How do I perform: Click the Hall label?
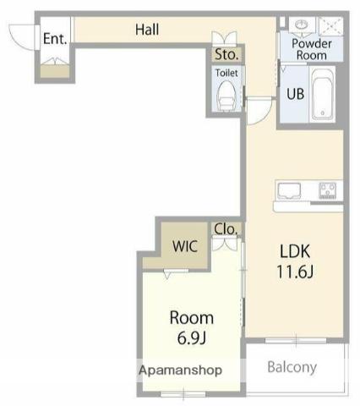147,30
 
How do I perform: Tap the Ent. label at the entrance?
55,39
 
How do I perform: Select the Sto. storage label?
226,54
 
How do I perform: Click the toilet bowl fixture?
226,96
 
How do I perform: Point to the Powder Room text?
312,49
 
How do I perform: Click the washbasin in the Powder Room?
302,25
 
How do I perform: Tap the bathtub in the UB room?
322,94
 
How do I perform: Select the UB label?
295,94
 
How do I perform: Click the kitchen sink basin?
289,190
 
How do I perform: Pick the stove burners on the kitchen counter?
328,190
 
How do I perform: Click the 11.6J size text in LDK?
295,272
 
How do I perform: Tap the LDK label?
295,251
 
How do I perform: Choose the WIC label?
185,246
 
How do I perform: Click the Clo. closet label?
226,229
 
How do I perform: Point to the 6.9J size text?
192,337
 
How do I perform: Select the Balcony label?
292,367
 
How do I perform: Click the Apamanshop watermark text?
180,370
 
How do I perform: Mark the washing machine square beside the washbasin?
331,26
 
